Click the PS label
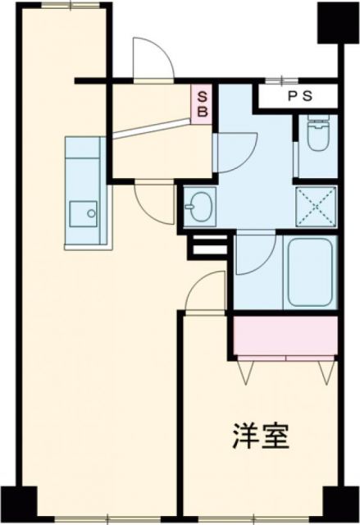click(298, 94)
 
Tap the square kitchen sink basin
click(83, 214)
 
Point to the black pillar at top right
click(335, 22)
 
